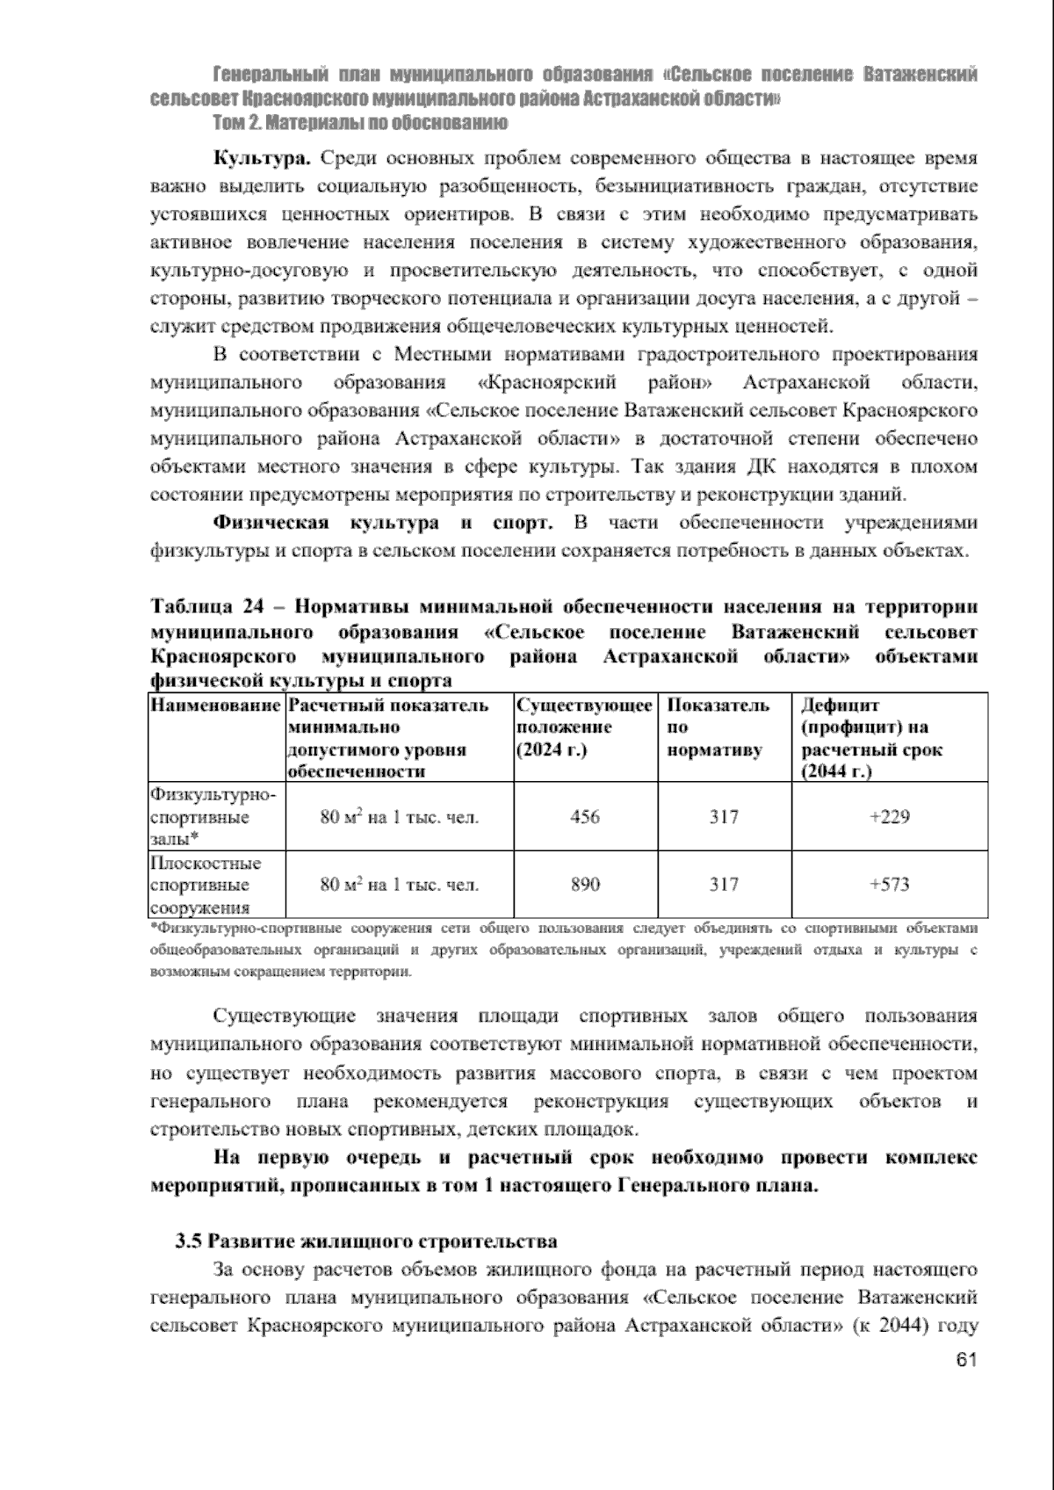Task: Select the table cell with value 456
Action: (585, 817)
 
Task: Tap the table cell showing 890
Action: (585, 885)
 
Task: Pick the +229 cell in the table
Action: (889, 817)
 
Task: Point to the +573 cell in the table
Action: (889, 885)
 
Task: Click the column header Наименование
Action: (215, 706)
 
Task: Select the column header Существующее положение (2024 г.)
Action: (584, 727)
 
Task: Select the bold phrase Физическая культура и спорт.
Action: (383, 524)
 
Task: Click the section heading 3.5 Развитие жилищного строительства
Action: (366, 1241)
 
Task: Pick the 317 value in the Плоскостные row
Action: (724, 885)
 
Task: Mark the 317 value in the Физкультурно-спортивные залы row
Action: (724, 817)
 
